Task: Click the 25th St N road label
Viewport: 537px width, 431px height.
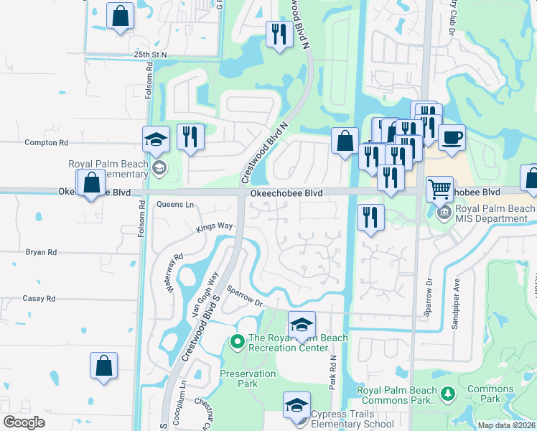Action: point(149,55)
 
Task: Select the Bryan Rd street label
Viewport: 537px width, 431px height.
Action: point(41,253)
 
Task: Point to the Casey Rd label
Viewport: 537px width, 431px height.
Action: point(39,299)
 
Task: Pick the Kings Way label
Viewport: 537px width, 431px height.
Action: point(215,227)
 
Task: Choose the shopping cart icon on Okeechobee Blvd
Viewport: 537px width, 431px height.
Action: point(439,190)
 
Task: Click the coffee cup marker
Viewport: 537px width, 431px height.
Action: point(452,138)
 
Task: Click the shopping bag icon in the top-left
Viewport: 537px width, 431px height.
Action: point(120,15)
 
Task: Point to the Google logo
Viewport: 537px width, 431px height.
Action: point(24,422)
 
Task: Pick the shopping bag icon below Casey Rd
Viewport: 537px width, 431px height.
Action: point(103,365)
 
